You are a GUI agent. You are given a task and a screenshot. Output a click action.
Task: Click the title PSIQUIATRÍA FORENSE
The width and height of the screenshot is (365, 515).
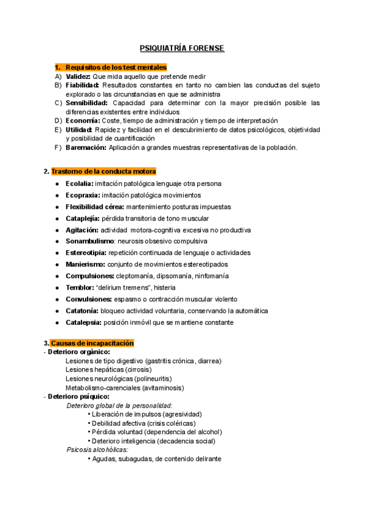pyautogui.click(x=182, y=48)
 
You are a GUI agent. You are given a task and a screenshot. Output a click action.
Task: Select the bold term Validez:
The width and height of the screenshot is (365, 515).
pyautogui.click(x=78, y=77)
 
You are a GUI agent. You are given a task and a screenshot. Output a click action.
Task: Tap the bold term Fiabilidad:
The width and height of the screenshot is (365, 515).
pyautogui.click(x=82, y=86)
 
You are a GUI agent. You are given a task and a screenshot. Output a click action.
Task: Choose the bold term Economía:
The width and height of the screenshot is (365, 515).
pyautogui.click(x=84, y=120)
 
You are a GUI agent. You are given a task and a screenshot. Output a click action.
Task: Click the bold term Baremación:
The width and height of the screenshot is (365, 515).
pyautogui.click(x=86, y=147)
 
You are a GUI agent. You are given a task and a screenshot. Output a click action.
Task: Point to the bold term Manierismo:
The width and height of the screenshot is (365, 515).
pyautogui.click(x=85, y=264)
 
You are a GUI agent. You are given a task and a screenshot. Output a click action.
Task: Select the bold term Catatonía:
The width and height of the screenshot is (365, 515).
pyautogui.click(x=83, y=310)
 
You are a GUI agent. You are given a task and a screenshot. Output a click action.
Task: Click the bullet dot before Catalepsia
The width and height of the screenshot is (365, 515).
pyautogui.click(x=57, y=322)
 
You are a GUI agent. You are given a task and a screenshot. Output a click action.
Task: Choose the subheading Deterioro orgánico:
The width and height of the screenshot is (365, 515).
pyautogui.click(x=79, y=352)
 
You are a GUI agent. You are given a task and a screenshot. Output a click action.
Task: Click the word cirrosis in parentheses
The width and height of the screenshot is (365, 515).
pyautogui.click(x=138, y=369)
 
